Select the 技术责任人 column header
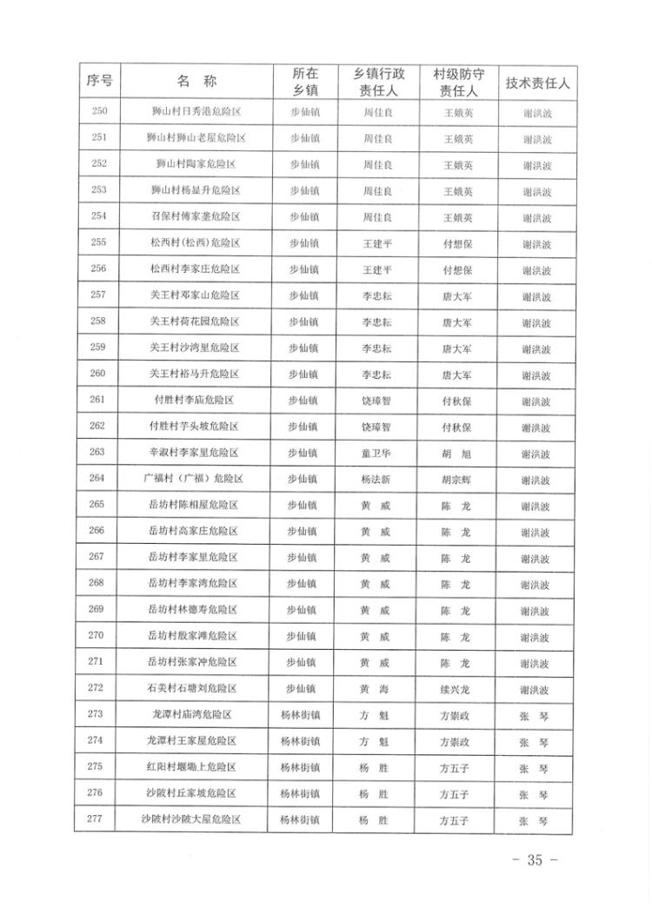tap(536, 83)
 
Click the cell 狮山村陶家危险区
tap(196, 163)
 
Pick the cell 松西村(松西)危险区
tap(196, 242)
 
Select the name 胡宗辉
tap(456, 479)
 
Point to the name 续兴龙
tap(456, 688)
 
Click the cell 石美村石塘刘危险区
tap(195, 688)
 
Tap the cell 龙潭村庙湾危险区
tap(195, 714)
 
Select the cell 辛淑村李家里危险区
tap(195, 453)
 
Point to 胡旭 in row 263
tap(456, 453)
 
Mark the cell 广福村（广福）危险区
tap(195, 479)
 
